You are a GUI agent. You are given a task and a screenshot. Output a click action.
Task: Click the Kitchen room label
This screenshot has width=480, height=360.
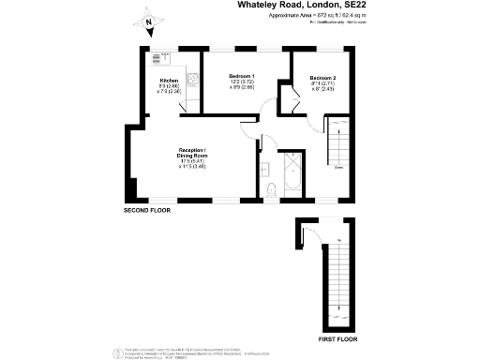tap(169, 81)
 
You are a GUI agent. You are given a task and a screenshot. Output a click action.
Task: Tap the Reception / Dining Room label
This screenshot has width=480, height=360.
tap(193, 153)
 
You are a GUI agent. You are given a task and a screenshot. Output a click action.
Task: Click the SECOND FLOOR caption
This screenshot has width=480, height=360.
tap(149, 212)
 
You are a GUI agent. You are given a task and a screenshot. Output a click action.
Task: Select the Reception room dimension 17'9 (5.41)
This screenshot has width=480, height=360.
tap(193, 162)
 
